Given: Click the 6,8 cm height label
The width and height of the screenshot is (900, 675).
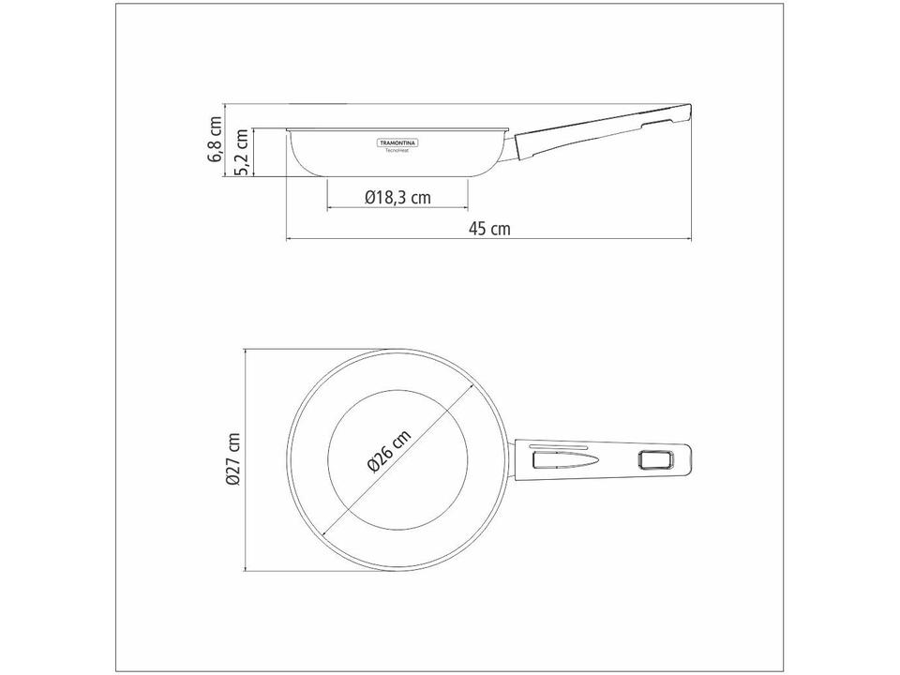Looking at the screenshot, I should [x=216, y=139].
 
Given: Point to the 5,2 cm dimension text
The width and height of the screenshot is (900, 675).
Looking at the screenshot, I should [x=242, y=153].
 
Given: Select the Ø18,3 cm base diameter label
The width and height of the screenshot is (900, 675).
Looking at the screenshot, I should [x=397, y=198].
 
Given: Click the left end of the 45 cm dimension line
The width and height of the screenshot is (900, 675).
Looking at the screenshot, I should [x=285, y=240].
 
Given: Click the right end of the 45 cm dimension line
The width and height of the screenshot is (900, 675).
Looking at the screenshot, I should [x=693, y=240].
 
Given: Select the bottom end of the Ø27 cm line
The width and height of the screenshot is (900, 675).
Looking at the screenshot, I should [x=246, y=569].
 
